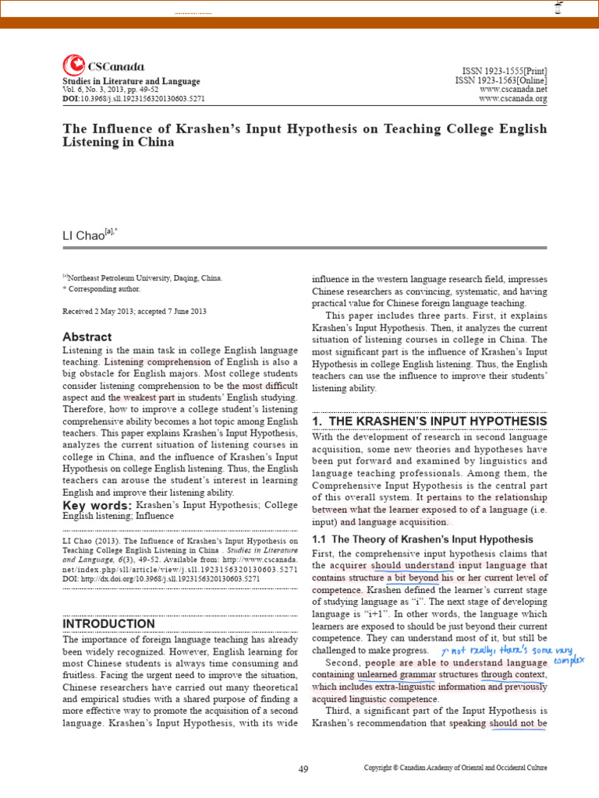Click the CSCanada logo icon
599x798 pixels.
pyautogui.click(x=73, y=65)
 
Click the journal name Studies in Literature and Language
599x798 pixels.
pyautogui.click(x=131, y=81)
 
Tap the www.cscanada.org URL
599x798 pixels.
pyautogui.click(x=513, y=99)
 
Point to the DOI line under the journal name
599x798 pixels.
pyautogui.click(x=133, y=100)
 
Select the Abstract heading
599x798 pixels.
pyautogui.click(x=87, y=337)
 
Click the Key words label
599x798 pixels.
pyautogui.click(x=97, y=506)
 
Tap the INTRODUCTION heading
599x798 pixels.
pyautogui.click(x=108, y=623)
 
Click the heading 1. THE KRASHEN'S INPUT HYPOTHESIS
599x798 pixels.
pyautogui.click(x=429, y=421)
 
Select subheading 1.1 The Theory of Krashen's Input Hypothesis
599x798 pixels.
pyautogui.click(x=422, y=539)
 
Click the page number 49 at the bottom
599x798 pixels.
pyautogui.click(x=303, y=769)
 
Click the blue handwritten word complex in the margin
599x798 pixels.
pyautogui.click(x=569, y=661)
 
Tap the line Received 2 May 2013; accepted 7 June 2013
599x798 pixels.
pyautogui.click(x=134, y=311)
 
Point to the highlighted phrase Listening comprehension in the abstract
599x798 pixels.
pyautogui.click(x=158, y=362)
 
